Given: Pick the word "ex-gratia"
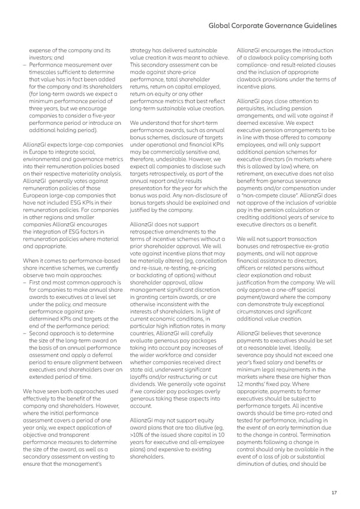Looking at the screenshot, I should pos(320,246).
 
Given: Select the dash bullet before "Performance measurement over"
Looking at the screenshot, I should pos(23,63).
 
